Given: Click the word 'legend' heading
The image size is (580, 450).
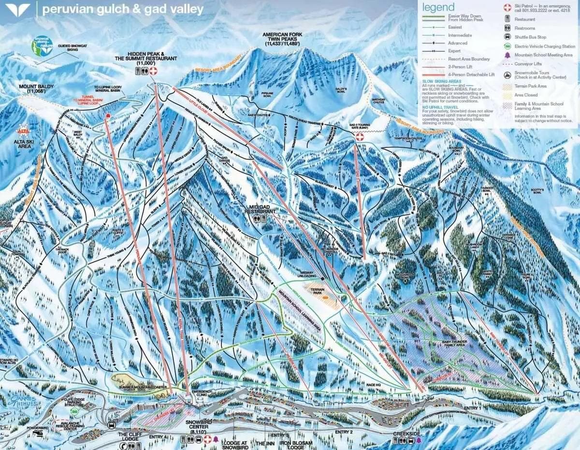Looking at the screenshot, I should tap(438, 7).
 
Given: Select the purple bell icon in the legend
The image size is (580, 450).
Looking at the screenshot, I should tap(507, 55).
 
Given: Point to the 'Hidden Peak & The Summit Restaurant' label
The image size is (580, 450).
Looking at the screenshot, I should tap(152, 58).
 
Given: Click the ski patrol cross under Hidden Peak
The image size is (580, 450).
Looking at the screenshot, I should tap(154, 71).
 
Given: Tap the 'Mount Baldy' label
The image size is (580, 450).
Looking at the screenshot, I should tap(32, 89).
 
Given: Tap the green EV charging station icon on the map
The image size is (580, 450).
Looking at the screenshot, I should tap(74, 411).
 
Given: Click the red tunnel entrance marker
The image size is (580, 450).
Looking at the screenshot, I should tap(108, 116).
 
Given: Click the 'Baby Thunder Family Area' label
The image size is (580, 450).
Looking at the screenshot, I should tap(449, 344).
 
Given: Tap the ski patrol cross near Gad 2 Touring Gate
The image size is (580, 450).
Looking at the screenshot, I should tap(359, 138).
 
